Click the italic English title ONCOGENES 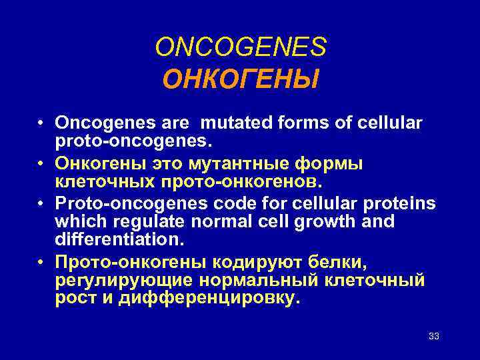(241, 47)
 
